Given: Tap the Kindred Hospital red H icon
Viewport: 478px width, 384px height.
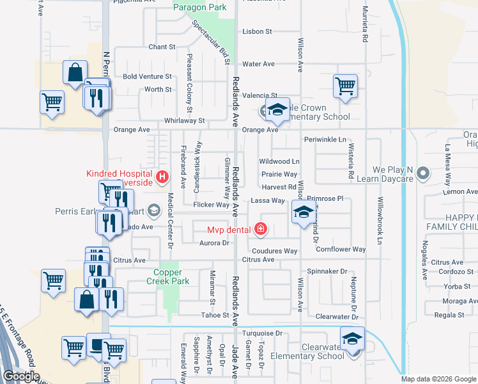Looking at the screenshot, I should (x=163, y=177).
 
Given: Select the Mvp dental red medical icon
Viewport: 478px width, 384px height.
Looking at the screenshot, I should (x=259, y=228).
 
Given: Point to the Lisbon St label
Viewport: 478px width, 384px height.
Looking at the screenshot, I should (x=257, y=31).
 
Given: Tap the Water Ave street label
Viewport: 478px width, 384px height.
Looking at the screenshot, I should (x=258, y=64).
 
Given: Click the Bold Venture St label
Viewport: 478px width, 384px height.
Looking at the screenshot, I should (x=148, y=76).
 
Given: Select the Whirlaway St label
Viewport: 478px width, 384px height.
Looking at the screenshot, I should (x=183, y=120).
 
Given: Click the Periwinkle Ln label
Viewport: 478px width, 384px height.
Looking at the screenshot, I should (x=325, y=140).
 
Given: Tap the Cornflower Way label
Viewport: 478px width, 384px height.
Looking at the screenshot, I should (x=341, y=249).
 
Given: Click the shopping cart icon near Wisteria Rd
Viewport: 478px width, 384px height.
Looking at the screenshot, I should (x=345, y=85).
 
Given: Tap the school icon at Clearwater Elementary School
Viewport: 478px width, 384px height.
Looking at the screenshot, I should (x=352, y=338).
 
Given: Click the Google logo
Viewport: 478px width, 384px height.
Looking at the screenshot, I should (x=21, y=376).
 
